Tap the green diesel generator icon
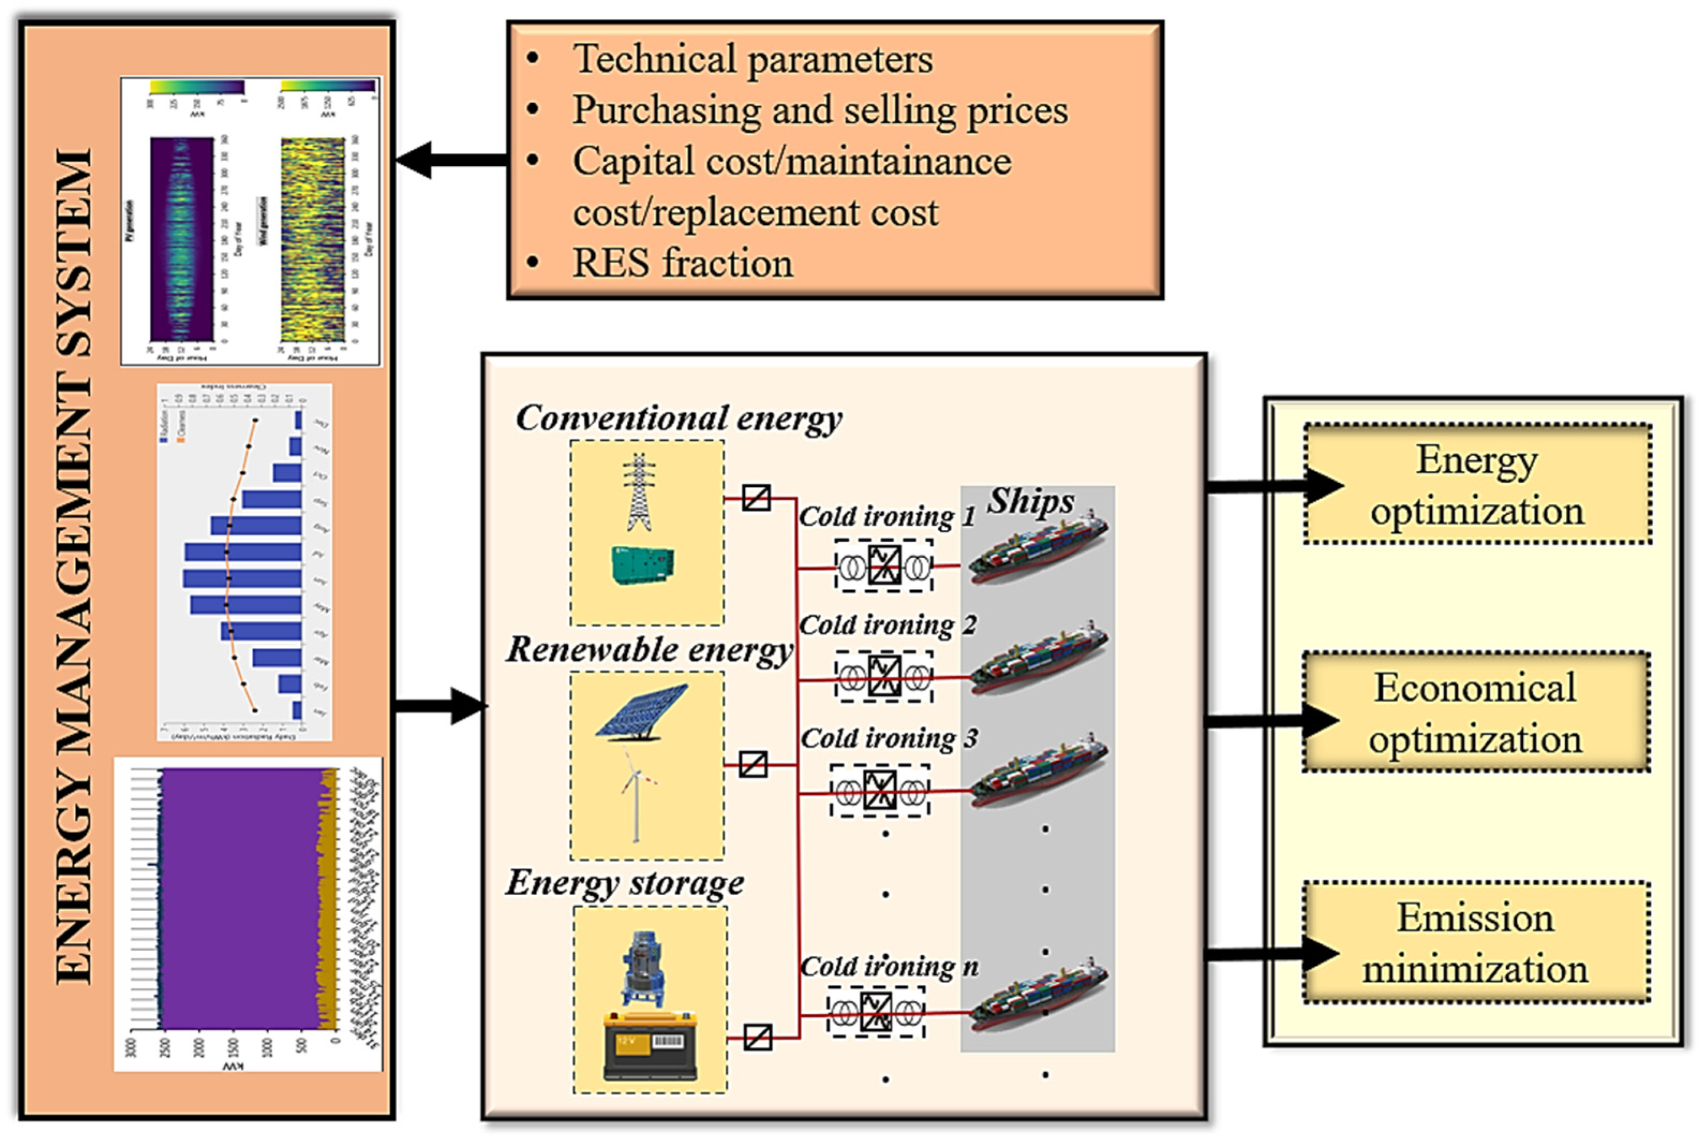tap(642, 565)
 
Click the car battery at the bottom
tap(649, 1047)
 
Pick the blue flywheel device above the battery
tap(644, 969)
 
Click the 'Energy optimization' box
tap(1476, 484)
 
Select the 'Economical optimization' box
tap(1475, 712)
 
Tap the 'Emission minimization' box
tap(1475, 943)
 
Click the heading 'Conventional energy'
tap(678, 419)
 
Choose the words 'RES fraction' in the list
tap(682, 263)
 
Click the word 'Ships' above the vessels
tap(1030, 502)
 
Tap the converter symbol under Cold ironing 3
tap(879, 790)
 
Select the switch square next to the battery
tap(757, 1037)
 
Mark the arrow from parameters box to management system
tap(451, 160)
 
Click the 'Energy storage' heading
tap(624, 884)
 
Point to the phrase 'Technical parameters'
tap(752, 59)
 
